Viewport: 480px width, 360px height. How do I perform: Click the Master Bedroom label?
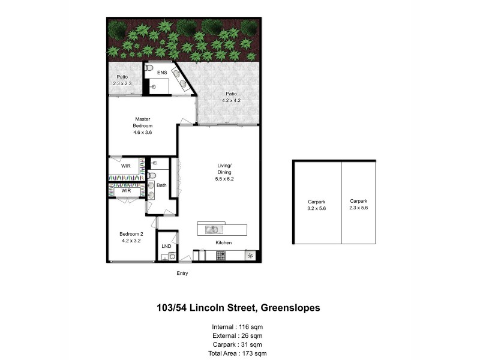pos(143,126)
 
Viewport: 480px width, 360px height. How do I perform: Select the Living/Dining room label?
pos(224,169)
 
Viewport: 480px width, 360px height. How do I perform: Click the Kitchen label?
pos(224,242)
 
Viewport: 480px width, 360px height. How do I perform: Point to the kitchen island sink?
pos(212,229)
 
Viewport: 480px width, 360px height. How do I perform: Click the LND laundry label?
pos(166,246)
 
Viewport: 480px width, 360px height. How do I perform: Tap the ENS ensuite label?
pos(162,73)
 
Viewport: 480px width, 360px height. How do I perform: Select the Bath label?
pos(161,185)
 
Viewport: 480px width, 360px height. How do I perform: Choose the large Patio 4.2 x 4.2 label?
pos(231,97)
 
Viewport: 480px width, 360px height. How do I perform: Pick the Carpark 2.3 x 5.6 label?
pos(359,204)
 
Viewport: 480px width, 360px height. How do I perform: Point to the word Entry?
pos(182,274)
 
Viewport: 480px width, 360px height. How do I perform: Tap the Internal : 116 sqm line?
pos(237,326)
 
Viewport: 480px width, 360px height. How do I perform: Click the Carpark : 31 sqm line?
pos(237,346)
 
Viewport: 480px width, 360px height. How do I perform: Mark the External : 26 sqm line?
pos(237,336)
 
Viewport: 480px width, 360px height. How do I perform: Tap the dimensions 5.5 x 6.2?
pos(224,178)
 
